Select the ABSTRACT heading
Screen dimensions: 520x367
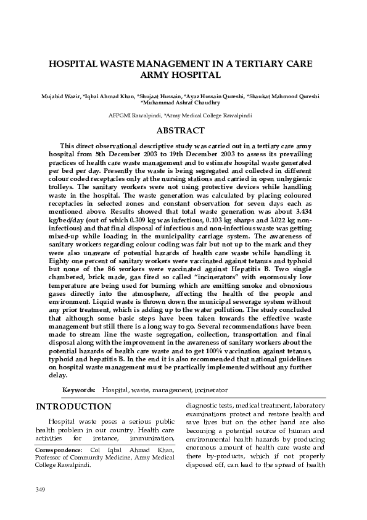coord(180,130)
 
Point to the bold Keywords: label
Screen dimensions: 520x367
coord(79,390)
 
